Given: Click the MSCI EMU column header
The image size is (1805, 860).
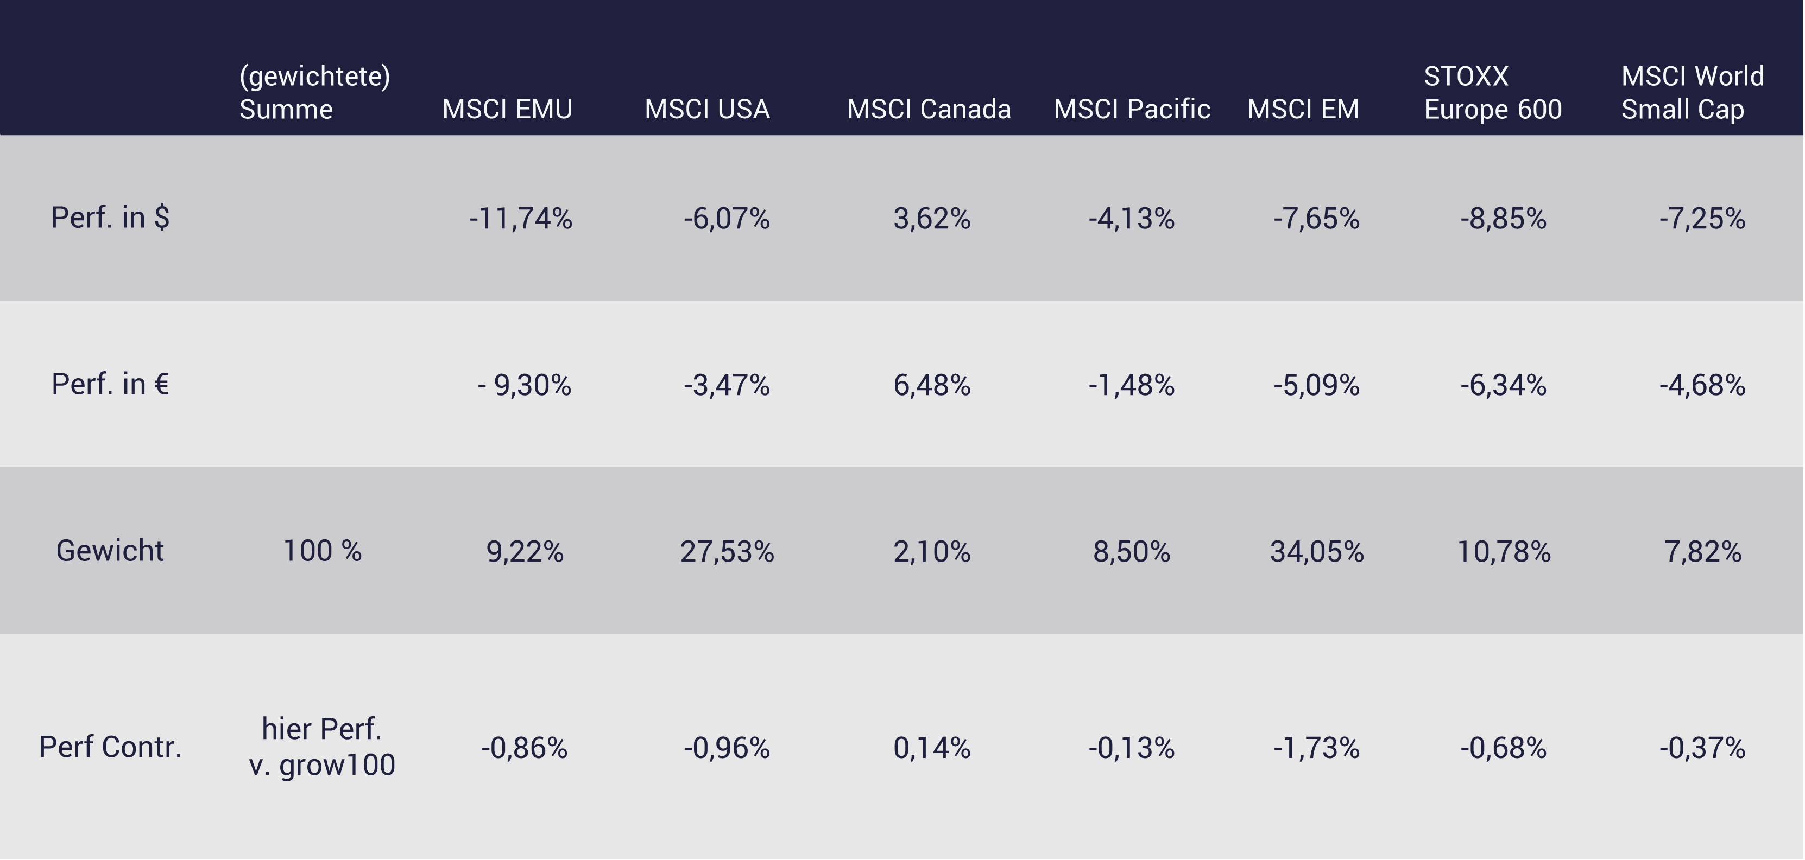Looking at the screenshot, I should pos(507,109).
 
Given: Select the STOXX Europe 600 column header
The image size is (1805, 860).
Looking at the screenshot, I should pos(1492,92).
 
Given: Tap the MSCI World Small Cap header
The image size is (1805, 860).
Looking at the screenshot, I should pos(1692,92).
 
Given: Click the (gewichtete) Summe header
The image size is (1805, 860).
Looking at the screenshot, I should pos(314,92).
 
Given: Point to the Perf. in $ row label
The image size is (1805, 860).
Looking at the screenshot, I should pos(110,218).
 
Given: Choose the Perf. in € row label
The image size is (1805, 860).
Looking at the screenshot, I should pos(110,385).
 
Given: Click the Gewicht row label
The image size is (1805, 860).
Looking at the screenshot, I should pos(110,551).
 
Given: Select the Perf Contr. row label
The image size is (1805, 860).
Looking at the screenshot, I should pos(110,747).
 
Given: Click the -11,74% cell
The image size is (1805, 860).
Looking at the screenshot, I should pos(521,219).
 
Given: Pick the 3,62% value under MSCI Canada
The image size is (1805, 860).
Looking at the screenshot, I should pos(932,219).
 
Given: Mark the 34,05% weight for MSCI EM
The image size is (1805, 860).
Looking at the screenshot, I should pos(1317,552).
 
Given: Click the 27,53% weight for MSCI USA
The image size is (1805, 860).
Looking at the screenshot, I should pos(727,552).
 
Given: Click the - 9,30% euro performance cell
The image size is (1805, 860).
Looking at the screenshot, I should pos(524,385).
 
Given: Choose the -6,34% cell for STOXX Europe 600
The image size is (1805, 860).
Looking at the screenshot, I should pos(1503,385).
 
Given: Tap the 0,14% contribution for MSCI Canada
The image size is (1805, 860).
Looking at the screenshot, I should pos(932,748).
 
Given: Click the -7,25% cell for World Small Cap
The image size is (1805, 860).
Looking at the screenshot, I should pos(1702,219).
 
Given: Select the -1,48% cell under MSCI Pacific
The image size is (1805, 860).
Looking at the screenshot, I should pos(1131,385).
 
